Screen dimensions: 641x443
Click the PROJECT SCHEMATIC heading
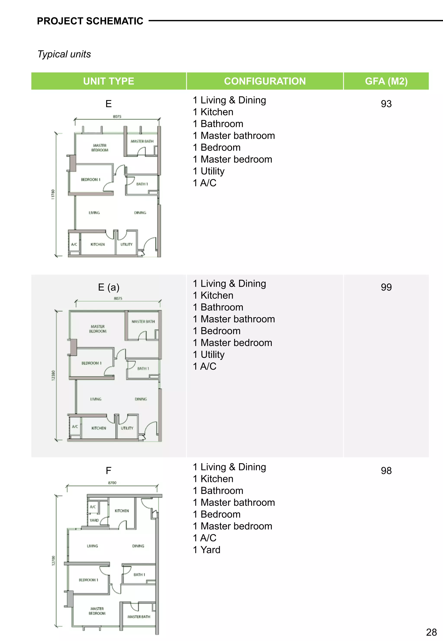[90, 21]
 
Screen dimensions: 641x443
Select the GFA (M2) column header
[386, 81]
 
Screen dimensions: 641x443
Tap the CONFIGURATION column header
[265, 81]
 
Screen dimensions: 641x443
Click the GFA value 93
[386, 104]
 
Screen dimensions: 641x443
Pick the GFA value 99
[386, 287]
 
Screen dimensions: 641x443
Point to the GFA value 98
[386, 471]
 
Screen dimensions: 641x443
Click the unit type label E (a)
[109, 287]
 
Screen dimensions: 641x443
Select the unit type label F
[109, 471]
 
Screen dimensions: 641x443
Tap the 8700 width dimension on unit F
[112, 483]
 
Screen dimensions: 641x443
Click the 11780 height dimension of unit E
[53, 194]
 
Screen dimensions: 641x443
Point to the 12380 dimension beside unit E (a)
[53, 376]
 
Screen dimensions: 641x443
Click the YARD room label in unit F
[94, 520]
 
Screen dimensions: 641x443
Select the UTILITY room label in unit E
[126, 244]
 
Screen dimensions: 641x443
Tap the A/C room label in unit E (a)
[75, 426]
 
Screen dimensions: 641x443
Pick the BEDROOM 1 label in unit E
[90, 180]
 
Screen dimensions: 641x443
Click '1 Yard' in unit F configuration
[207, 550]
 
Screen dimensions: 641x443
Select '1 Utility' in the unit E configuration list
[209, 171]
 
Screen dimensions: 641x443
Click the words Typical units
[64, 54]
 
